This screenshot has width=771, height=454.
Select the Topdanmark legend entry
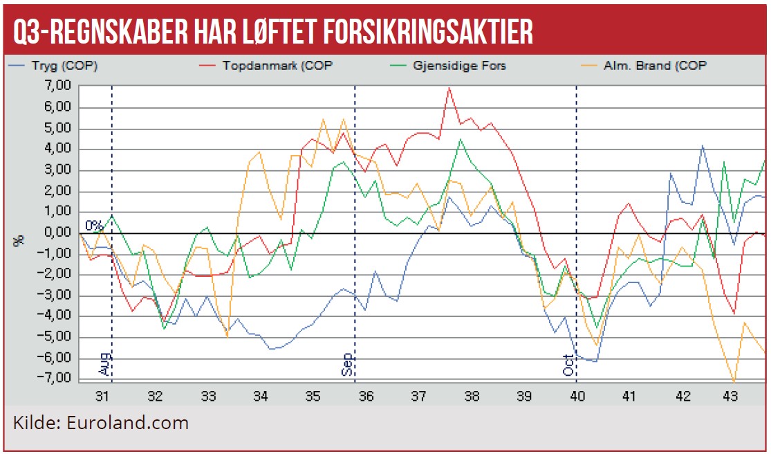pos(266,66)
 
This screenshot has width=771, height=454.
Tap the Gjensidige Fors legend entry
pos(453,66)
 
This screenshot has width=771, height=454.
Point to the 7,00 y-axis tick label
pos(58,86)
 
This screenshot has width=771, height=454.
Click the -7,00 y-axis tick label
pos(57,379)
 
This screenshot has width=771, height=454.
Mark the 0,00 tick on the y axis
pos(58,233)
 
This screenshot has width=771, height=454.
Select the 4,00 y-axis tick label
pos(58,149)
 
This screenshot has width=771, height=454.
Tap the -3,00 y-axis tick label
pos(57,296)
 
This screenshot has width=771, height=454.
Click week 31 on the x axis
pos(102,397)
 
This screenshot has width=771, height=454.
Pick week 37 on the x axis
pos(418,397)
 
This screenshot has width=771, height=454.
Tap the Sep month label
pos(348,364)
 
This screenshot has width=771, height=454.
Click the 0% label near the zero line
pos(94,225)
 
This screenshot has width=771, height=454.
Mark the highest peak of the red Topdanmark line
pos(449,88)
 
